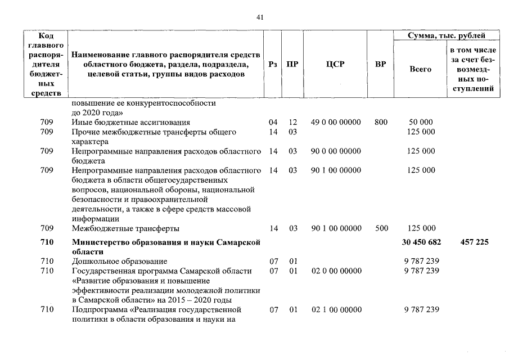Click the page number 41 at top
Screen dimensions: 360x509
260,17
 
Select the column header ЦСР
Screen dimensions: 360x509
335,64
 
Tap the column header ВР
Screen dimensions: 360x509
380,64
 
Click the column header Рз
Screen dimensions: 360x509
273,64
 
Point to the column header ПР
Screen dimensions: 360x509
292,64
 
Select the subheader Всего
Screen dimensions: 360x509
421,69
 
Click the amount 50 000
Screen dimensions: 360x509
421,122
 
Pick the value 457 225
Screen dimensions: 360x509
474,242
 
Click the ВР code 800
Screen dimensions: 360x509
381,122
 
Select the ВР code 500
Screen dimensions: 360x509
381,228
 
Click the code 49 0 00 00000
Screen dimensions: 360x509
336,122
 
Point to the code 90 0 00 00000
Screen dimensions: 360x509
336,151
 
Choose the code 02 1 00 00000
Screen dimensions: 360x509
336,310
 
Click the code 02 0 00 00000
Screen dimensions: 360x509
336,271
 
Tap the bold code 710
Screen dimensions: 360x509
47,242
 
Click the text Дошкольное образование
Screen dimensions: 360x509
119,261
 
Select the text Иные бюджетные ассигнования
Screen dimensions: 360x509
131,122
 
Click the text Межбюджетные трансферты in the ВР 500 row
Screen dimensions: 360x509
126,228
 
